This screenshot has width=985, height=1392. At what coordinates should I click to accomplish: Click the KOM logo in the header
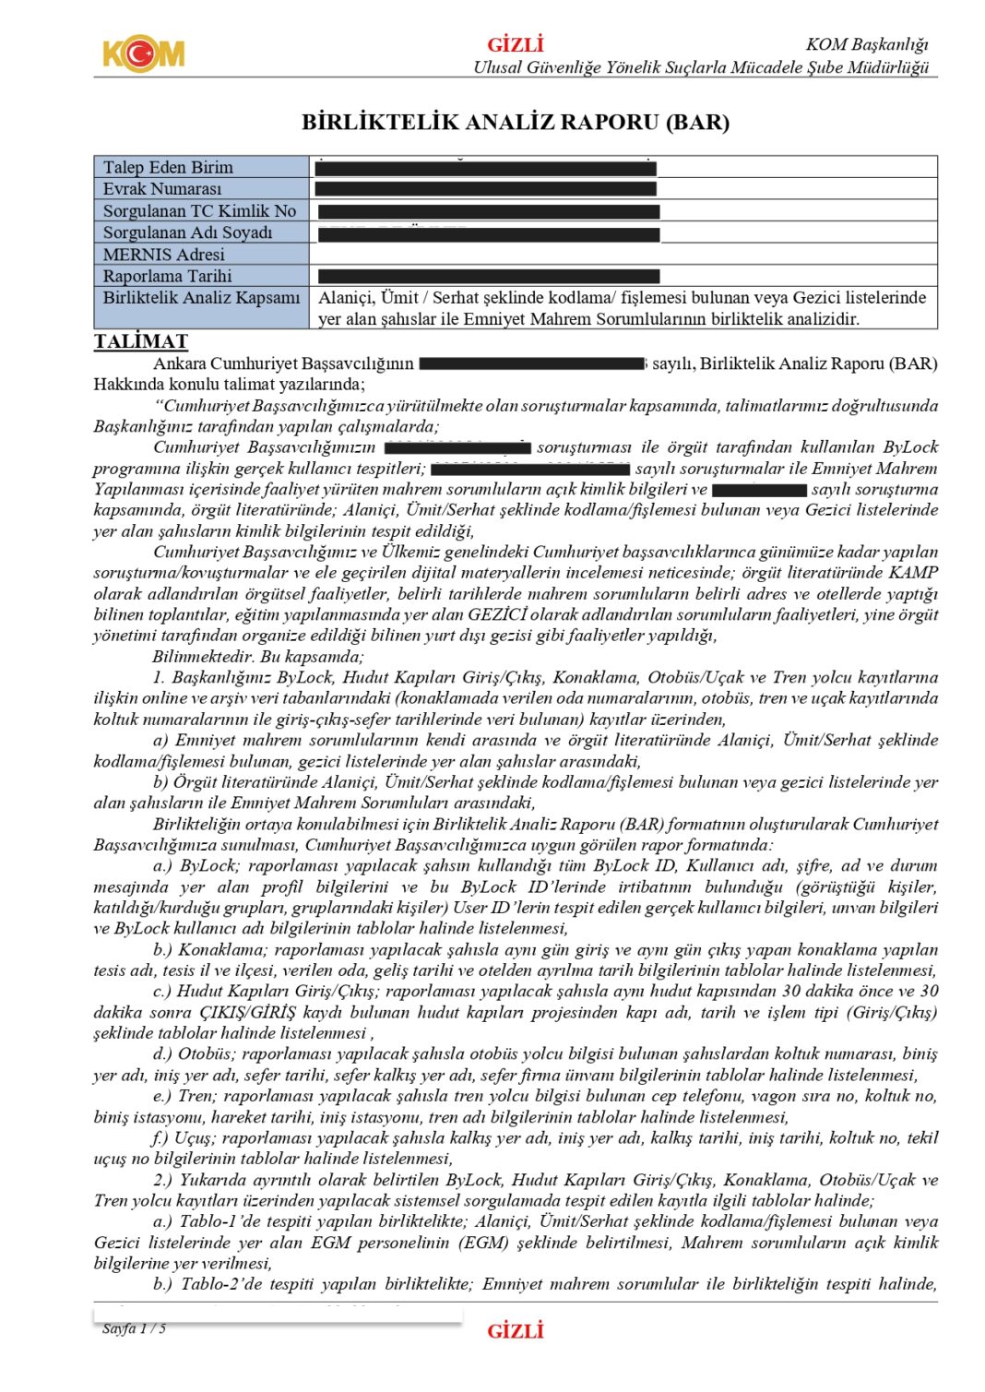(x=143, y=54)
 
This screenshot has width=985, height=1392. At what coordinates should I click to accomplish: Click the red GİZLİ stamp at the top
(x=516, y=44)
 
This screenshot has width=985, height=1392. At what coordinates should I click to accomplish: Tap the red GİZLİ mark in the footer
(x=516, y=1330)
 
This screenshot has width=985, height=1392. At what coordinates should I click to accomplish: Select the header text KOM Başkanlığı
(x=866, y=44)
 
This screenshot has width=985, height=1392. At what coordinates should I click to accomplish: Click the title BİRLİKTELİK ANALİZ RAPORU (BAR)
(x=516, y=122)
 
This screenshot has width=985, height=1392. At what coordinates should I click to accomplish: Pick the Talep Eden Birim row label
(x=168, y=167)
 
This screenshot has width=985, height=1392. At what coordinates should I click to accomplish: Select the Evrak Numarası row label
(x=162, y=188)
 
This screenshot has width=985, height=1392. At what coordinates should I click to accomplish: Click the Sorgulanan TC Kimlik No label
(x=199, y=210)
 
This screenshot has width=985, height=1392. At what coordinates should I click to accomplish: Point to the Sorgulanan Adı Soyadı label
(x=188, y=232)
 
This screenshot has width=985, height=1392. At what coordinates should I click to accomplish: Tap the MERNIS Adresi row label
(x=163, y=254)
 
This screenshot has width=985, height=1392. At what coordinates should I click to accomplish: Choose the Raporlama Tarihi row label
(x=167, y=276)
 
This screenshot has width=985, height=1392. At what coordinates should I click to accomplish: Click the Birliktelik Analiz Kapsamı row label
(x=201, y=297)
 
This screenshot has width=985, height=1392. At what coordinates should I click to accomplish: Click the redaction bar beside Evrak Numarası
(x=485, y=188)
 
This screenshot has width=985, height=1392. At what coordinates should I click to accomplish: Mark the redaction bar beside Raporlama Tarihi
(x=489, y=276)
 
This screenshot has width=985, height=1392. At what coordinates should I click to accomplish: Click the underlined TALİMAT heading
(x=140, y=341)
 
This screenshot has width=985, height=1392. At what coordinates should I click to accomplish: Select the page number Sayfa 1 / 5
(x=135, y=1328)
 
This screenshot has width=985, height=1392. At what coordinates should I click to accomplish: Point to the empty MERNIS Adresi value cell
(x=623, y=254)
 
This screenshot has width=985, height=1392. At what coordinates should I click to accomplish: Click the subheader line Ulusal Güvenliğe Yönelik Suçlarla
(x=701, y=66)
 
